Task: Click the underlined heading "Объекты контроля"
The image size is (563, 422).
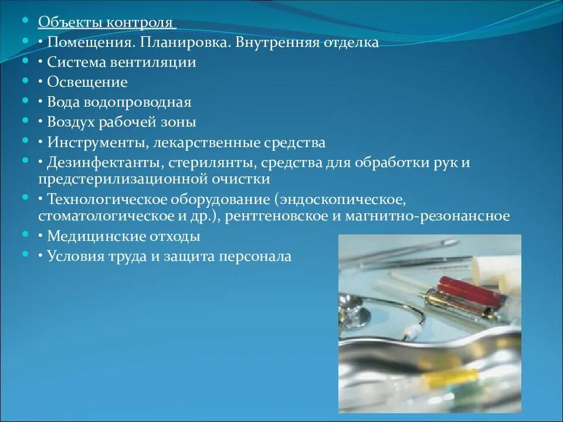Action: coord(106,23)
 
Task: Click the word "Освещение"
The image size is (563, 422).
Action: coord(87,83)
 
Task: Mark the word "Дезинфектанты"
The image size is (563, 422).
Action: coord(100,162)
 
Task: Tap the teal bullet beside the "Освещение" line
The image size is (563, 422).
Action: coord(25,81)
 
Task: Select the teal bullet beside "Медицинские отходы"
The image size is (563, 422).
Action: coord(25,234)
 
